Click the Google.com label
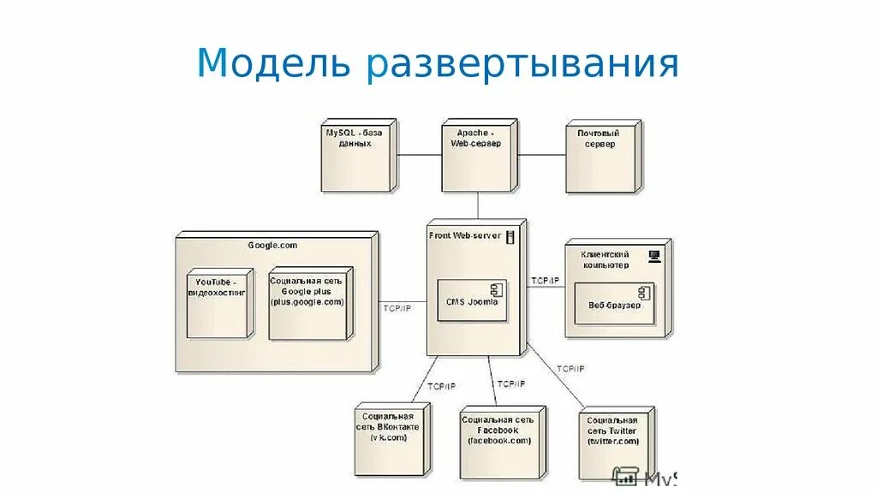[x=273, y=245]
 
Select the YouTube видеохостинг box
[x=219, y=304]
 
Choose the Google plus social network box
[x=308, y=304]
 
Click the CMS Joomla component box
[x=471, y=300]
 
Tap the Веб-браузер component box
[x=614, y=304]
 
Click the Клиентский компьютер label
[x=605, y=259]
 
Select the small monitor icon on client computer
[x=654, y=254]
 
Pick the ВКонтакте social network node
[x=390, y=438]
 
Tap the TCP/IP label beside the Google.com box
[x=397, y=308]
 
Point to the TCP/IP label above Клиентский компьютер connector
[x=545, y=280]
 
